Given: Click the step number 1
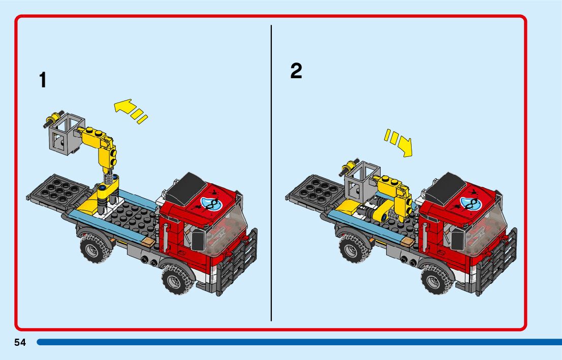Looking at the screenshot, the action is point(43,80).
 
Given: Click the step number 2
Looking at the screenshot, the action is point(296,71).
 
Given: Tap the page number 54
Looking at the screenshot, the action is point(20,342).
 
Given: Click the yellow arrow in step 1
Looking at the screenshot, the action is point(131,111).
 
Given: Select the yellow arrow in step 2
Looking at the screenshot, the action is point(398,142).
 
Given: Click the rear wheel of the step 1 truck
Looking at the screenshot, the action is point(95,247).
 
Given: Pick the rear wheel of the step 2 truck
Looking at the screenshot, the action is point(354,247).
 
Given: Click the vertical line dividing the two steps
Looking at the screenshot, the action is point(271,173).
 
